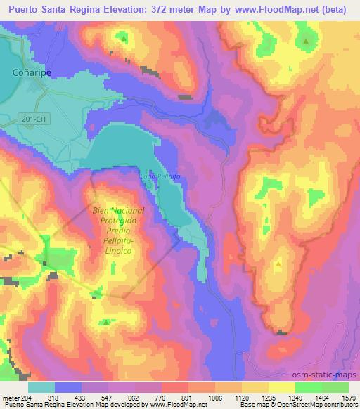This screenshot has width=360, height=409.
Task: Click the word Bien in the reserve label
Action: pyautogui.click(x=101, y=211)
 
